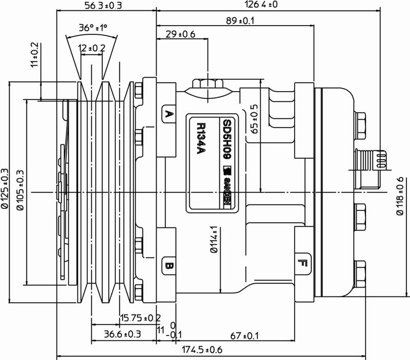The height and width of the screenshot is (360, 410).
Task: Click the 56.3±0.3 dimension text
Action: [x=102, y=6]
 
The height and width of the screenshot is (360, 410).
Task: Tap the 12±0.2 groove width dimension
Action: [x=92, y=47]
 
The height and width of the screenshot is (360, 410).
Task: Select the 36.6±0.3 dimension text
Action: [x=124, y=335]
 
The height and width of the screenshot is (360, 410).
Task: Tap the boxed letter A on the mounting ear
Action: [x=167, y=114]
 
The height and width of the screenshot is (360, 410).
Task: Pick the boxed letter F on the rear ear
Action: [x=302, y=265]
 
